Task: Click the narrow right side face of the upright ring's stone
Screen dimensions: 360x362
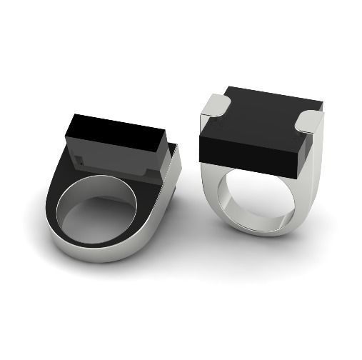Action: pyautogui.click(x=308, y=154)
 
